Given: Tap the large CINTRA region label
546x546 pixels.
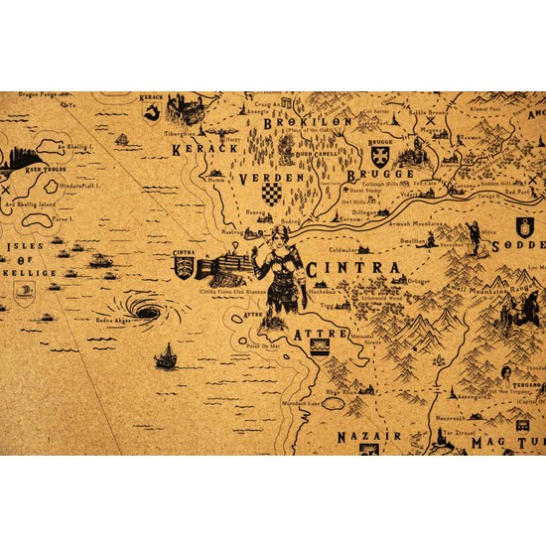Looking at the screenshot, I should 340,269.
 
